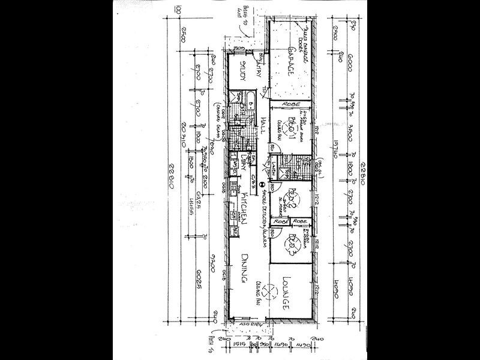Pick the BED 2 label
click(x=292, y=197)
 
